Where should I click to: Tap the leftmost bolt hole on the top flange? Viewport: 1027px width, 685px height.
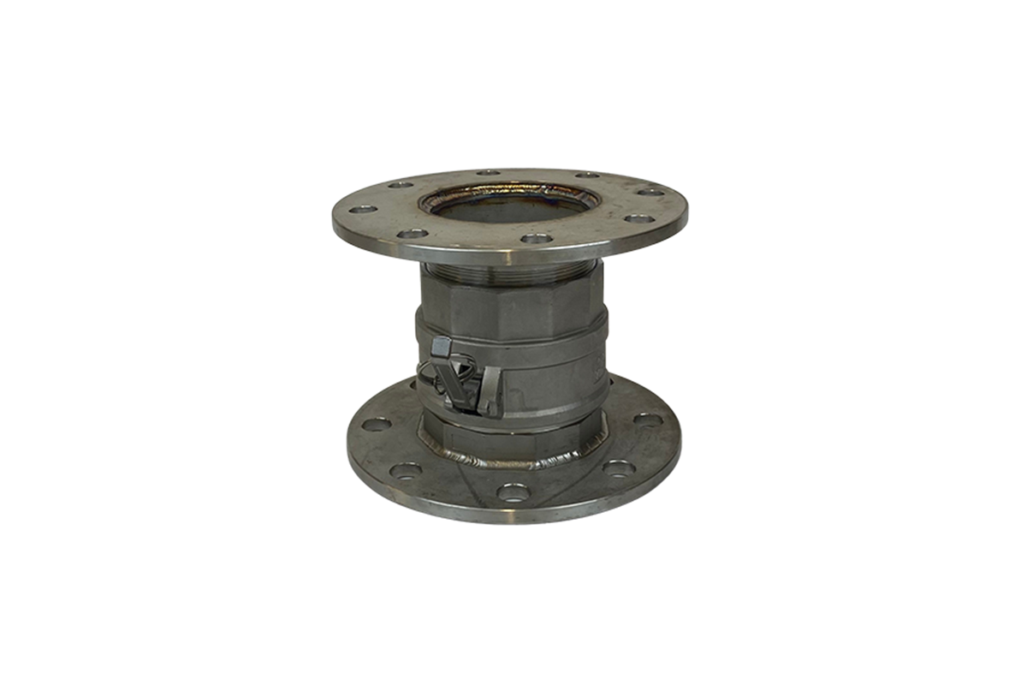pyautogui.click(x=363, y=208)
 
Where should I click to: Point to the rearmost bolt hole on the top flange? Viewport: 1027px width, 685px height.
pyautogui.click(x=489, y=173)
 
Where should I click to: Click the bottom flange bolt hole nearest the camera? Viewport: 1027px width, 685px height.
pyautogui.click(x=513, y=492)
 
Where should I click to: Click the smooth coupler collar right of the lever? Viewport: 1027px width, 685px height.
pyautogui.click(x=548, y=390)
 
